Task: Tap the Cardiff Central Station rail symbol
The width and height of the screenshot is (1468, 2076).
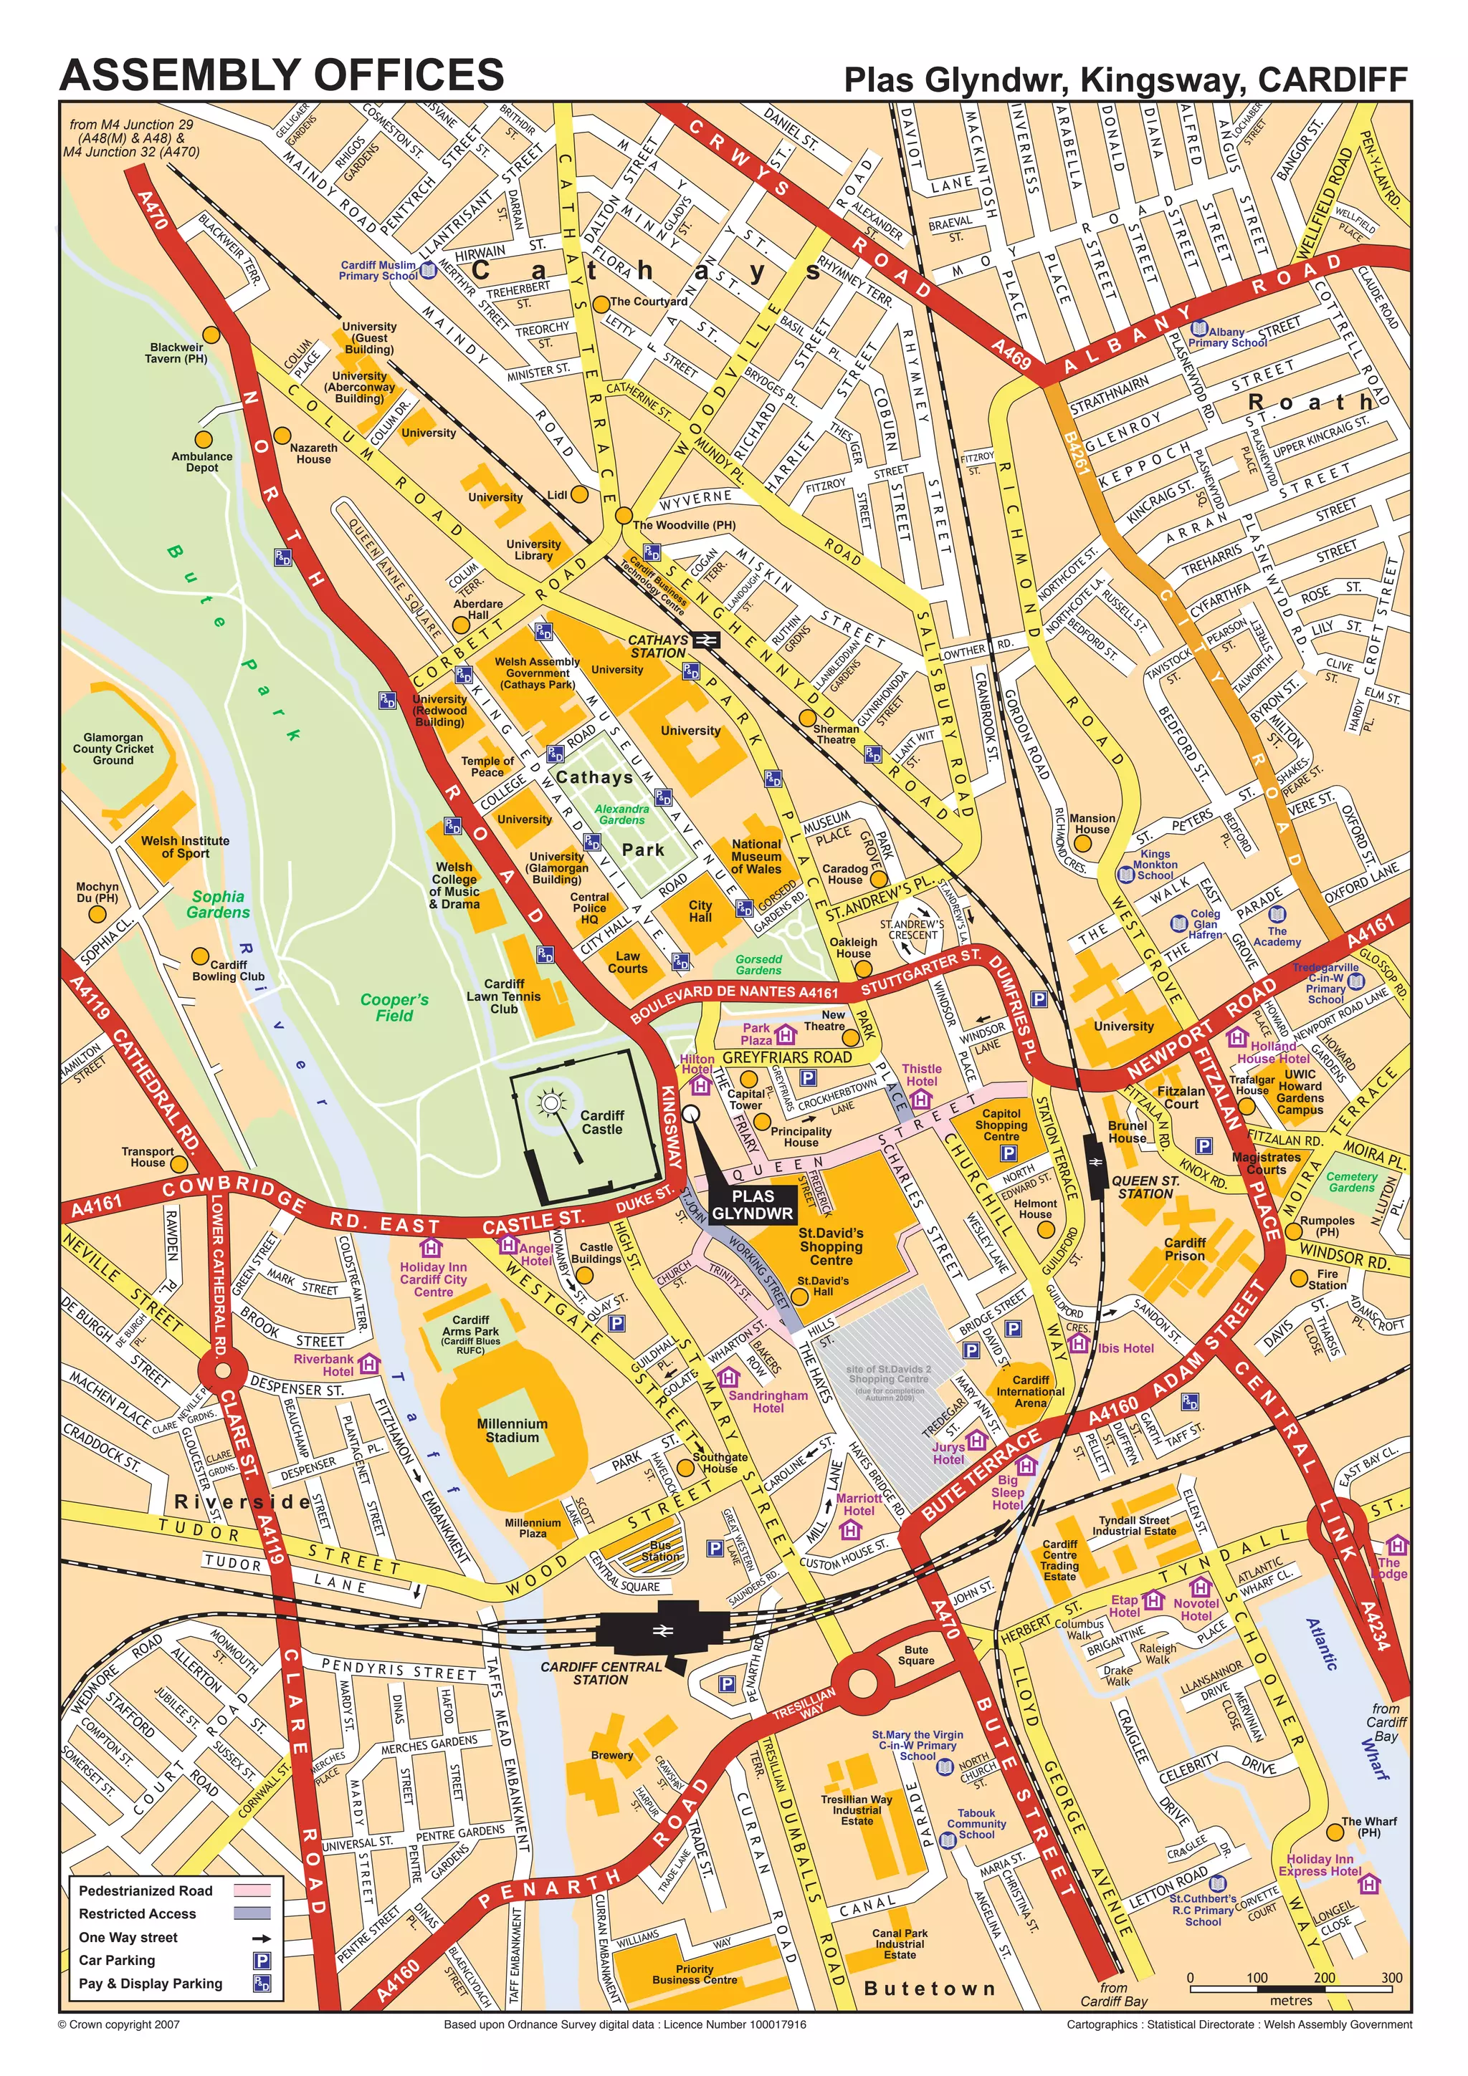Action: pos(661,1630)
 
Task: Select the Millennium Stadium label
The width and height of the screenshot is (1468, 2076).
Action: pos(512,1431)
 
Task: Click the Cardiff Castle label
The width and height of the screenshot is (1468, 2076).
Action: pos(602,1122)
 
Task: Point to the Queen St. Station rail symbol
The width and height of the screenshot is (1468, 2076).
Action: pos(1095,1161)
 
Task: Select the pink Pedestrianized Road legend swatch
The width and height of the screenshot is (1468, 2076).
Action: pos(252,1890)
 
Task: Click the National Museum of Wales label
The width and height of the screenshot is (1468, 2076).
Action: pos(756,856)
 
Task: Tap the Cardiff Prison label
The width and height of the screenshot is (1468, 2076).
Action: pos(1185,1249)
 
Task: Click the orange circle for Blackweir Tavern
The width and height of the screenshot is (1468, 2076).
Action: pos(211,334)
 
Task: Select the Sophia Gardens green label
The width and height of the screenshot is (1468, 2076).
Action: pos(218,904)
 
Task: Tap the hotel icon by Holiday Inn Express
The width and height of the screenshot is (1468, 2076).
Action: pos(1371,1883)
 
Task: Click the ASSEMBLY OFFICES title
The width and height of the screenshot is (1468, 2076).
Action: pos(281,75)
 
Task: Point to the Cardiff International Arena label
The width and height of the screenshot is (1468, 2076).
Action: pos(1030,1392)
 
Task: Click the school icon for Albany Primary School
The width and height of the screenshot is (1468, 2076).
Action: pos(1199,328)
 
